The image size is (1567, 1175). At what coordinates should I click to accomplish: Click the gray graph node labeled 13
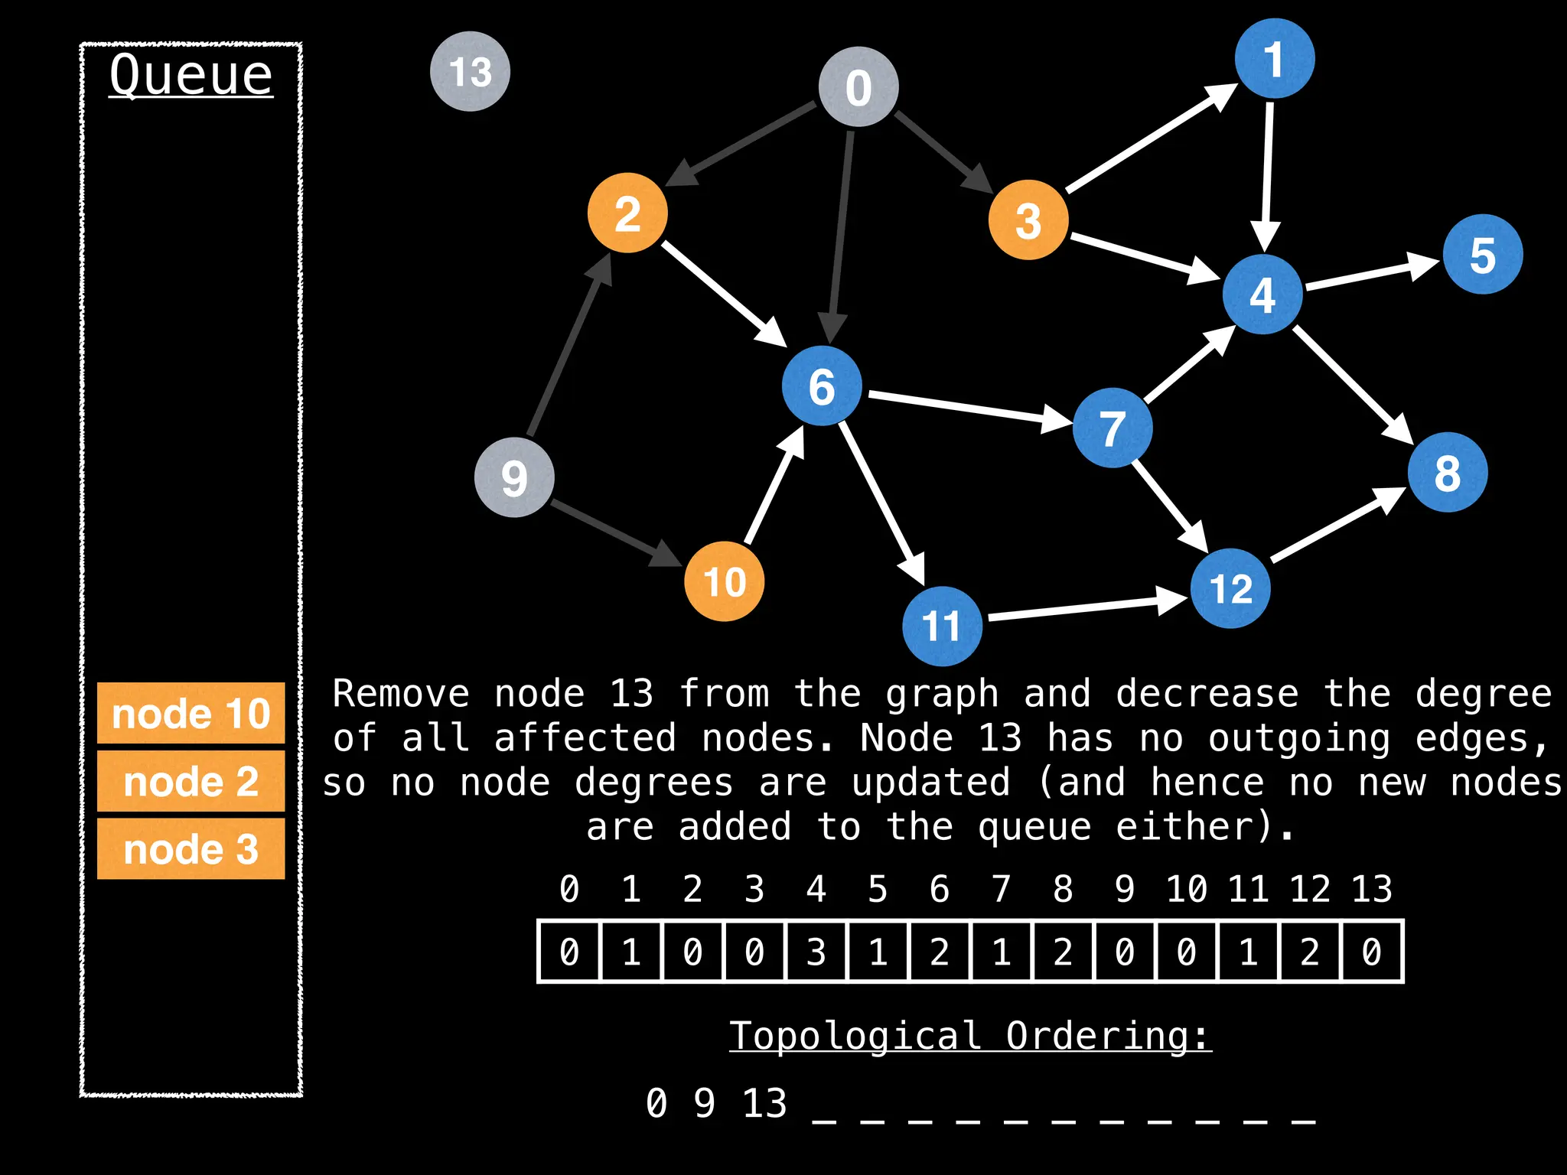coord(470,71)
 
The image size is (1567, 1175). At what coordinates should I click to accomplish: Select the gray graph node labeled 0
coord(858,86)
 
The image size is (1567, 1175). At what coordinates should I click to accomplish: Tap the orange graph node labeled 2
coord(627,213)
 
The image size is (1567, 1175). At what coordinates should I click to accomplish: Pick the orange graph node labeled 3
coord(1028,220)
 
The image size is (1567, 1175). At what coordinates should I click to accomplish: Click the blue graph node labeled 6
coord(822,386)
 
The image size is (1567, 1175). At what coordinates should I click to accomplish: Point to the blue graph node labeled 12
coord(1230,588)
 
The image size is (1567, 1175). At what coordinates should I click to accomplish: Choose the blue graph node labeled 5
coord(1483,255)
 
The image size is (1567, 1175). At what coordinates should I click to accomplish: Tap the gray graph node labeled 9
coord(514,477)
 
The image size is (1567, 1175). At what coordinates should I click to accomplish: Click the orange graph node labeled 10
coord(724,581)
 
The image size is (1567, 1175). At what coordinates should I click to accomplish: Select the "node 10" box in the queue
coord(191,713)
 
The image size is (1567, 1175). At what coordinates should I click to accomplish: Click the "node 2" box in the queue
coord(191,781)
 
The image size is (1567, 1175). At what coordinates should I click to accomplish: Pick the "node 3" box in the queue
coord(191,848)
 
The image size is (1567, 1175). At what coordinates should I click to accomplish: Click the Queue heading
coord(191,75)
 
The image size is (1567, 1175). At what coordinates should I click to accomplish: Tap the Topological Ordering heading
coord(970,1036)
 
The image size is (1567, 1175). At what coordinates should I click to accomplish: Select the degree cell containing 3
coord(816,952)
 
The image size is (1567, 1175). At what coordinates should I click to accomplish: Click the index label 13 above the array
coord(1371,889)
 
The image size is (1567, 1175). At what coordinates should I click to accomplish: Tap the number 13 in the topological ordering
coord(764,1103)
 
